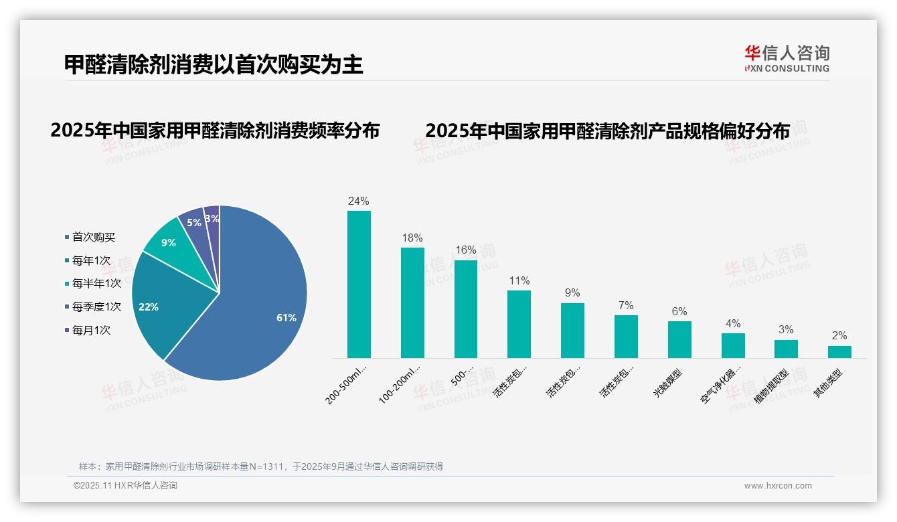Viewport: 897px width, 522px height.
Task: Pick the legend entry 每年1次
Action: click(x=91, y=260)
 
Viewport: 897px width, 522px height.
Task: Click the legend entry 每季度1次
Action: click(x=96, y=307)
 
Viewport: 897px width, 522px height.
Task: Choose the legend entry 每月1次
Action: click(x=91, y=330)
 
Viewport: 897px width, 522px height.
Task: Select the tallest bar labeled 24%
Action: click(x=359, y=284)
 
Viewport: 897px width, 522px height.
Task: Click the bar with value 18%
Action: click(x=412, y=302)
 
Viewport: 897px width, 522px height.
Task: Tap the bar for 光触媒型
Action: click(x=679, y=339)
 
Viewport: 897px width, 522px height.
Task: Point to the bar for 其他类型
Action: click(x=839, y=352)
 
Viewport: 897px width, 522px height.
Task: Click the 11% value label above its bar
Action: click(x=519, y=281)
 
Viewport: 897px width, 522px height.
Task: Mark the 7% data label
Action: click(x=626, y=306)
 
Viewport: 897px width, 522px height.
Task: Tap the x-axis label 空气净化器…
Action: click(x=720, y=385)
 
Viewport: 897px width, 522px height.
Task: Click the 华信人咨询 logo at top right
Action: click(x=787, y=58)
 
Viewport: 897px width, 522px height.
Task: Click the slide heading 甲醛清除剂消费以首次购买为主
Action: click(x=214, y=64)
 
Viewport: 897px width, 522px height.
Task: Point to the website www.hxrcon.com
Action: click(x=778, y=486)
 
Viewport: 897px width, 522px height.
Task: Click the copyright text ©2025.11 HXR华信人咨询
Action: click(x=125, y=486)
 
